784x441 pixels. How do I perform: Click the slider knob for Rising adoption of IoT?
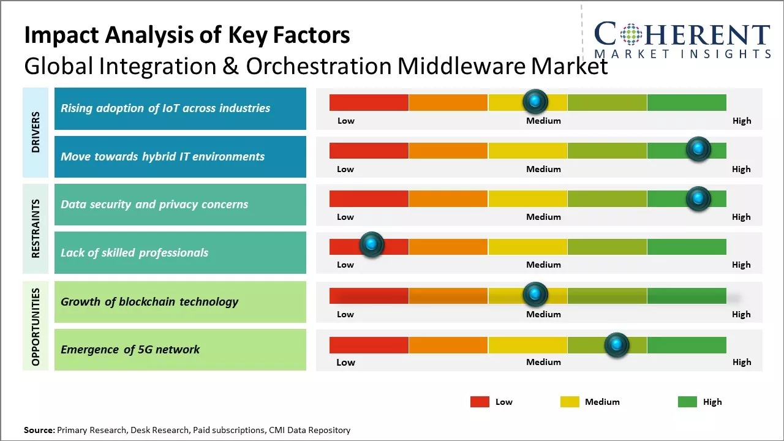(x=535, y=101)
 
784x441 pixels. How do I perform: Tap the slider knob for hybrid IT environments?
(x=698, y=149)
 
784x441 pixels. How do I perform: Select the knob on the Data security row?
(x=698, y=198)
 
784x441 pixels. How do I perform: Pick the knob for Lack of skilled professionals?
(x=371, y=244)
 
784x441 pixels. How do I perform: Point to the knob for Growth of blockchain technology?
(x=535, y=295)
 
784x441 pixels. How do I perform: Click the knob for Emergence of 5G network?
(x=616, y=345)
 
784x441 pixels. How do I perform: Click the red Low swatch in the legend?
(x=480, y=402)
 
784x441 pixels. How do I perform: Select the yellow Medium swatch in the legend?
(x=570, y=402)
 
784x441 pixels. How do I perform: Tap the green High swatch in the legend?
(x=687, y=402)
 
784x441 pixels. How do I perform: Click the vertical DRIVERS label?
(x=36, y=132)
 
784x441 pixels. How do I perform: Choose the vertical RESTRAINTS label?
(x=36, y=228)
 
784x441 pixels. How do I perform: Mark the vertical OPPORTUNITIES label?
(x=36, y=326)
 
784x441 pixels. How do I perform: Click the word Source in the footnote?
(x=39, y=430)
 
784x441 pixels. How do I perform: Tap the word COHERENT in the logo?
(x=682, y=34)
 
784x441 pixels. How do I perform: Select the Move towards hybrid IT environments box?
(x=180, y=157)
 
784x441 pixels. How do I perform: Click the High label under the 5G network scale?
(x=741, y=362)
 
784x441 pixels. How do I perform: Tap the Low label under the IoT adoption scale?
(x=345, y=121)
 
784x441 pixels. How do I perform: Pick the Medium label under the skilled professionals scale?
(x=543, y=265)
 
